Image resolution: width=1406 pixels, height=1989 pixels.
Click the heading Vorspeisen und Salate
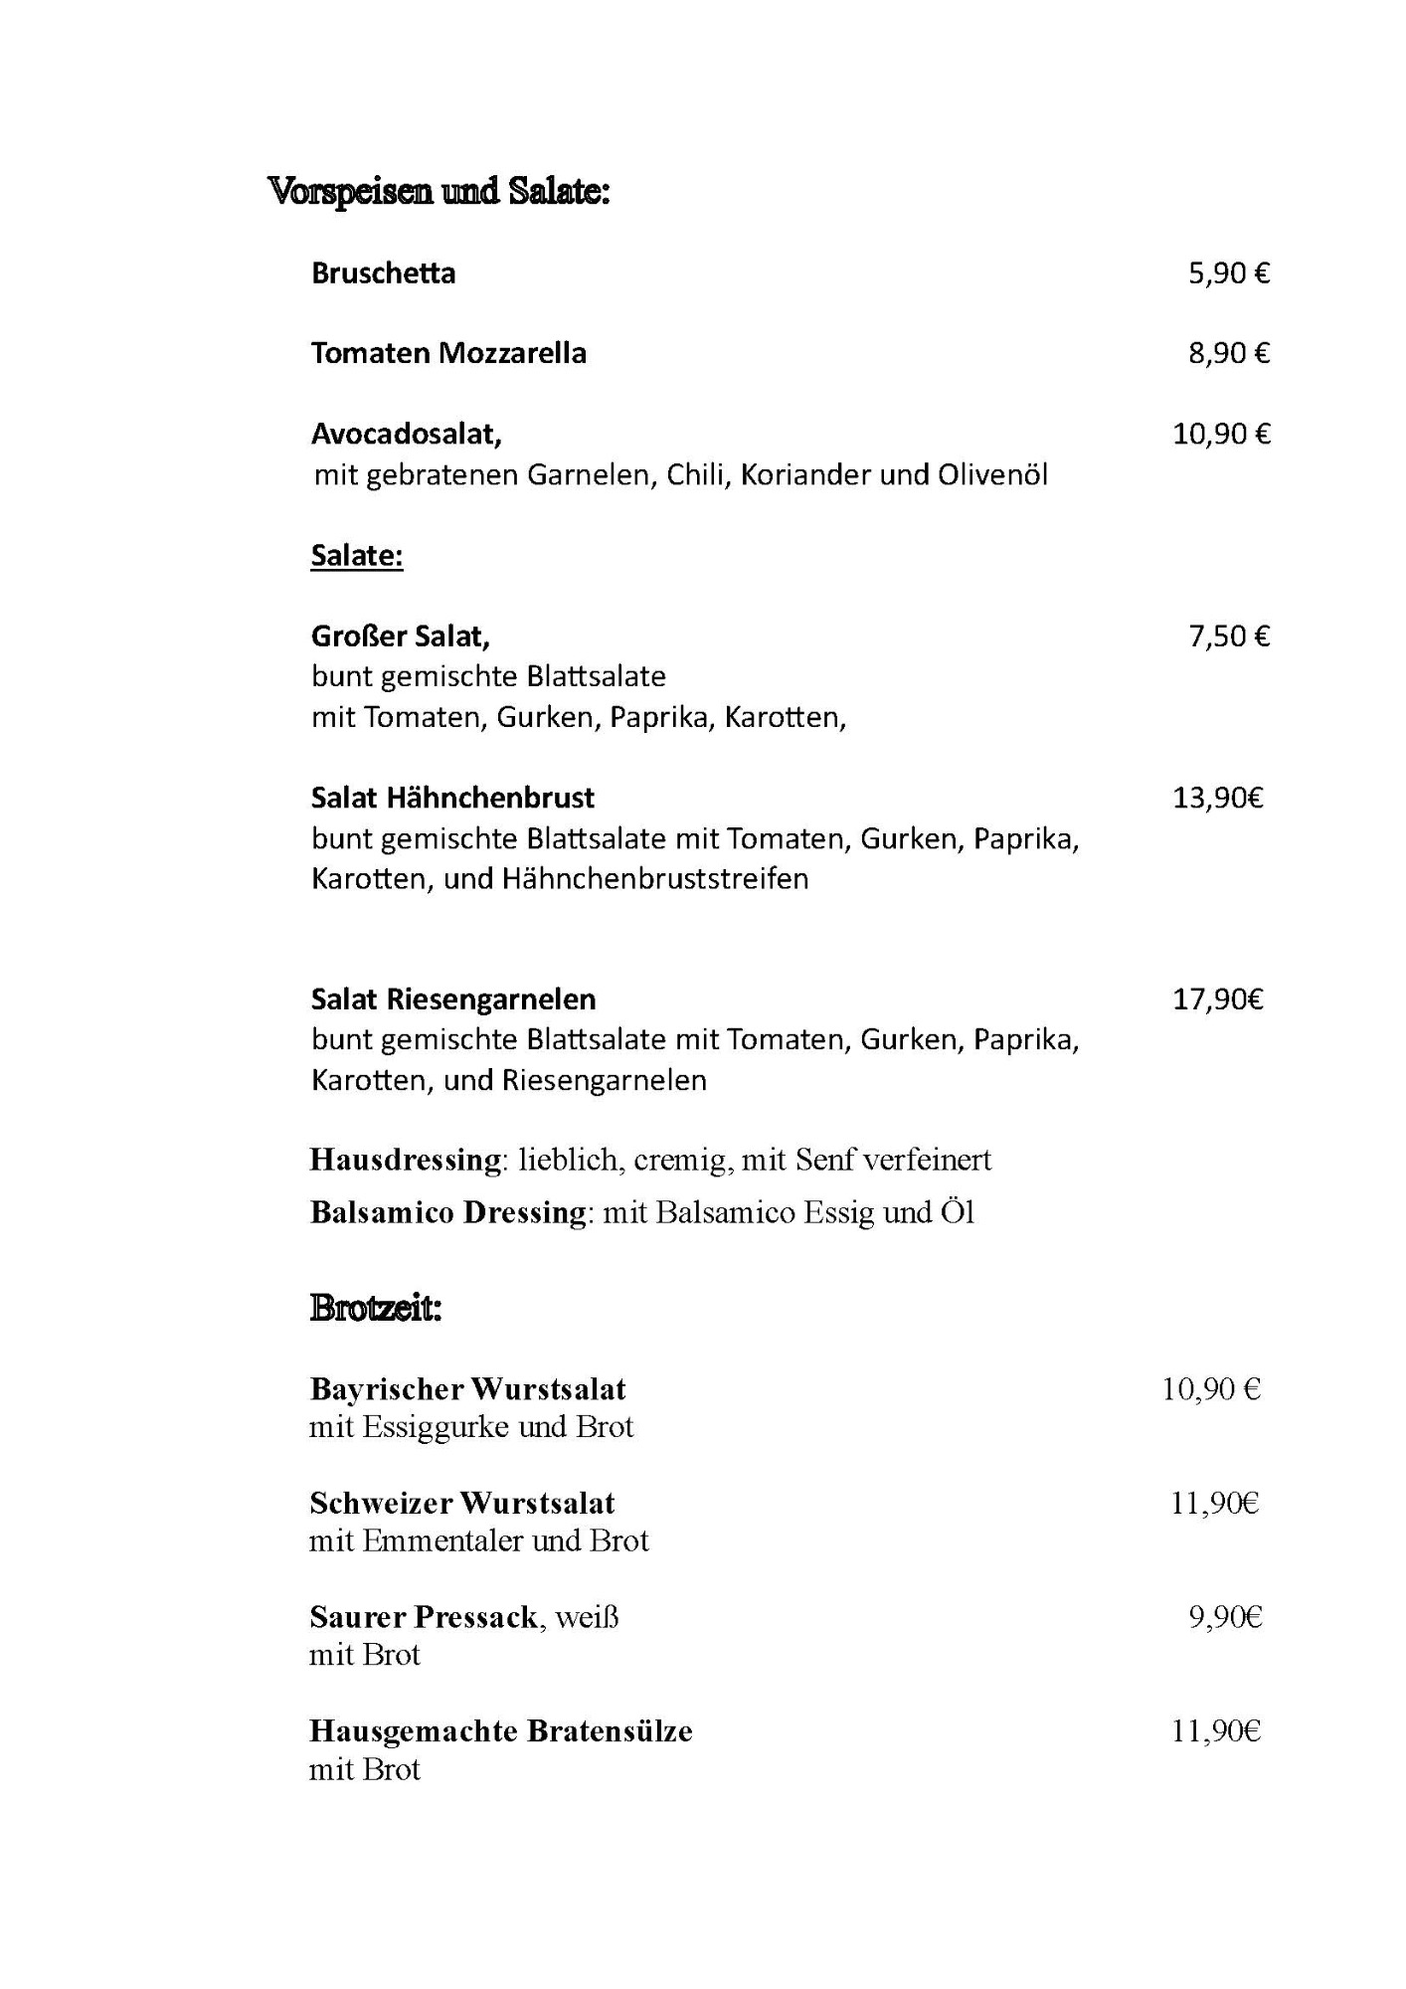pyautogui.click(x=438, y=190)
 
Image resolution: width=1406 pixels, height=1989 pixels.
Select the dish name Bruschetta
pyautogui.click(x=383, y=273)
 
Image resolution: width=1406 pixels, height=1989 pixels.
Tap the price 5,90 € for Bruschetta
pyautogui.click(x=1229, y=273)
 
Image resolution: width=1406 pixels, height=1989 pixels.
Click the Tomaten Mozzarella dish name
pyautogui.click(x=448, y=354)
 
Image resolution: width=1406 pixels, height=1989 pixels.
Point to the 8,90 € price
pyautogui.click(x=1229, y=354)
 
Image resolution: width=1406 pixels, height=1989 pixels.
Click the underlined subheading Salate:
pyautogui.click(x=357, y=556)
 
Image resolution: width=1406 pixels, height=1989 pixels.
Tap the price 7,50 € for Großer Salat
pyautogui.click(x=1229, y=636)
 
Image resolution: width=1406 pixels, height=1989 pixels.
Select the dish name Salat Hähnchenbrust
pyautogui.click(x=452, y=798)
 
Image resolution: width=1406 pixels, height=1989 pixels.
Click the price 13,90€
pyautogui.click(x=1218, y=798)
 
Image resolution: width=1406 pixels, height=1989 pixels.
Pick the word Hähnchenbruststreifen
pyautogui.click(x=654, y=879)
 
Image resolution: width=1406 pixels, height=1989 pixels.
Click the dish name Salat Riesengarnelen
pyautogui.click(x=453, y=999)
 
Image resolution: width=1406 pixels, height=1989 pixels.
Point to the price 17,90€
pyautogui.click(x=1218, y=999)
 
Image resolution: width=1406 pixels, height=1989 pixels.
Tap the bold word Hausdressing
pyautogui.click(x=406, y=1160)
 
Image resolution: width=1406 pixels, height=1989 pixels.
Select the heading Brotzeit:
pyautogui.click(x=375, y=1308)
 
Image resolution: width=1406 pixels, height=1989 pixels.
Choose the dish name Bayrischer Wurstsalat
pyautogui.click(x=467, y=1389)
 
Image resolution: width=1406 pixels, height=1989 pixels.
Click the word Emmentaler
pyautogui.click(x=443, y=1540)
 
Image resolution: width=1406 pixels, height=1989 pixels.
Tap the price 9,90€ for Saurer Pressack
pyautogui.click(x=1225, y=1618)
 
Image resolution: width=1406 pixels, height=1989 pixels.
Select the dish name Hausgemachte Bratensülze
pyautogui.click(x=500, y=1731)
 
